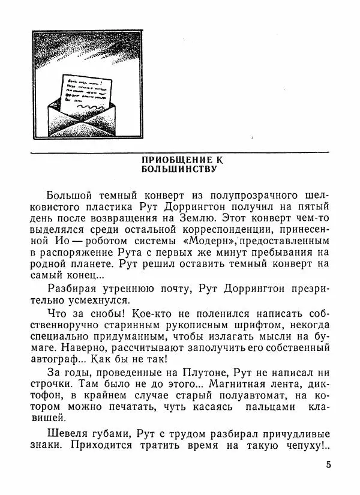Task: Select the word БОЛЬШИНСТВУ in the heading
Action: pos(179,169)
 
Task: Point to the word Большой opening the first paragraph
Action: pos(66,196)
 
